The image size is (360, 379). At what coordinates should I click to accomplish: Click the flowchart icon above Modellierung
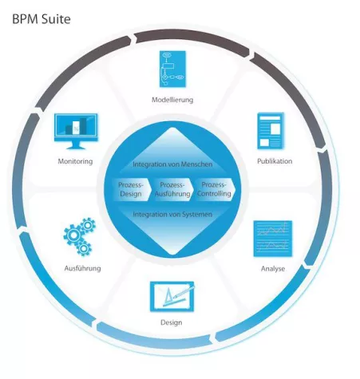click(172, 71)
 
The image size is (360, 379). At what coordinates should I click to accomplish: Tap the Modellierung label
click(172, 100)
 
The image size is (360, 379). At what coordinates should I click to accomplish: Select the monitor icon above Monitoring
click(76, 132)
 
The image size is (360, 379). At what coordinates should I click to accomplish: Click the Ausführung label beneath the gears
click(81, 268)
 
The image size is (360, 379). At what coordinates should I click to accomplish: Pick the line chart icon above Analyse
click(272, 239)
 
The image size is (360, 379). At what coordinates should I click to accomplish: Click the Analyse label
click(272, 268)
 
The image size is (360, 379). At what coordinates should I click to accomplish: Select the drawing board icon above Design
click(170, 298)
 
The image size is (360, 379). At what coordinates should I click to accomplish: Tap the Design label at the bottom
click(171, 322)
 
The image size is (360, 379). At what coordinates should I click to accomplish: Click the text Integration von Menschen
click(172, 164)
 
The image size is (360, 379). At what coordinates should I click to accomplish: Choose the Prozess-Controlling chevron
click(214, 189)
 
